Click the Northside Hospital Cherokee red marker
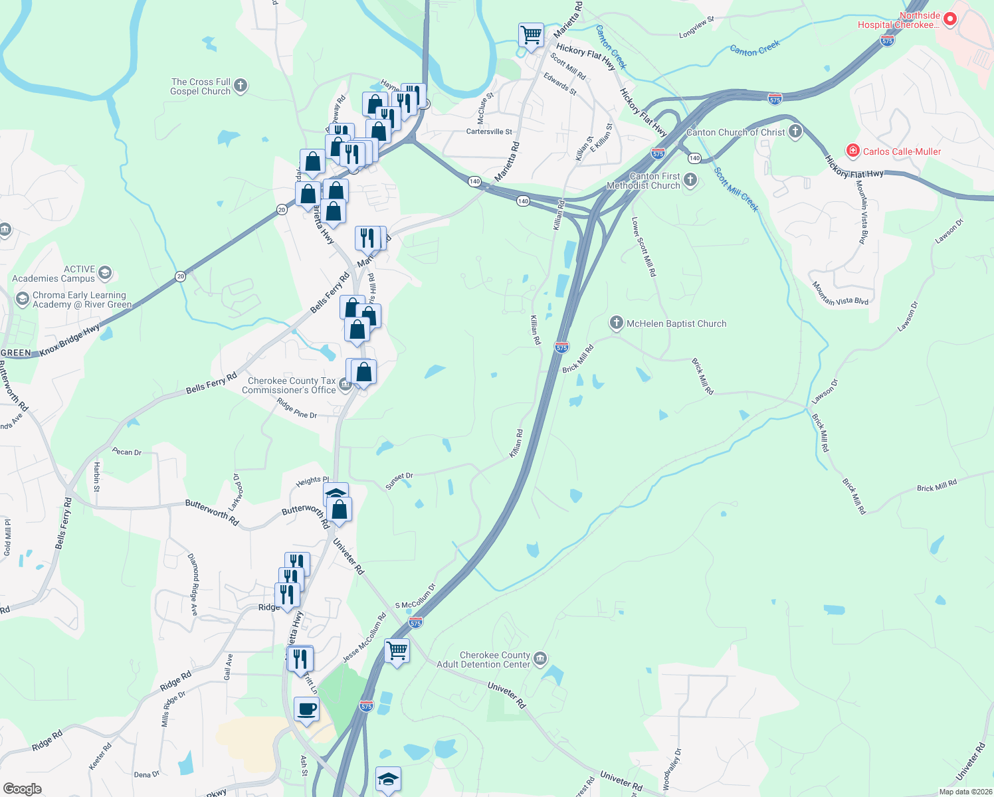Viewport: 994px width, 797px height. point(949,19)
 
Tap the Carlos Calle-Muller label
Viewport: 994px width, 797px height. point(902,151)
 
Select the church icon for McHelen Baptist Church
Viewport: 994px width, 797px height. point(617,323)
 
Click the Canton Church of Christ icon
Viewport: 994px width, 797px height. point(795,132)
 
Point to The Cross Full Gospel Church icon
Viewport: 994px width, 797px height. point(241,85)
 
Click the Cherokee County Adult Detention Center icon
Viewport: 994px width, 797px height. point(540,658)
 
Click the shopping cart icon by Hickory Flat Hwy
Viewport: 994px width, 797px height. point(531,35)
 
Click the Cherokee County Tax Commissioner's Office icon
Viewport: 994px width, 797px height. point(345,384)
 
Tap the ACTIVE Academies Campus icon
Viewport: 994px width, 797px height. point(105,273)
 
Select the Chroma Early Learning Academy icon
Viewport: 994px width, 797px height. point(23,299)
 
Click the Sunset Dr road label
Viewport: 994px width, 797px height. point(399,481)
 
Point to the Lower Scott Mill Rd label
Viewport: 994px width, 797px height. point(644,246)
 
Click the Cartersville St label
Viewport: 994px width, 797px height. point(489,132)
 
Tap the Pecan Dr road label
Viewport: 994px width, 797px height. point(127,452)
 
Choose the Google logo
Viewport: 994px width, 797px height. point(22,789)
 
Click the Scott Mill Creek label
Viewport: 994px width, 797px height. point(736,189)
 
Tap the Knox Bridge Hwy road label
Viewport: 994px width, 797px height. point(69,340)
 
